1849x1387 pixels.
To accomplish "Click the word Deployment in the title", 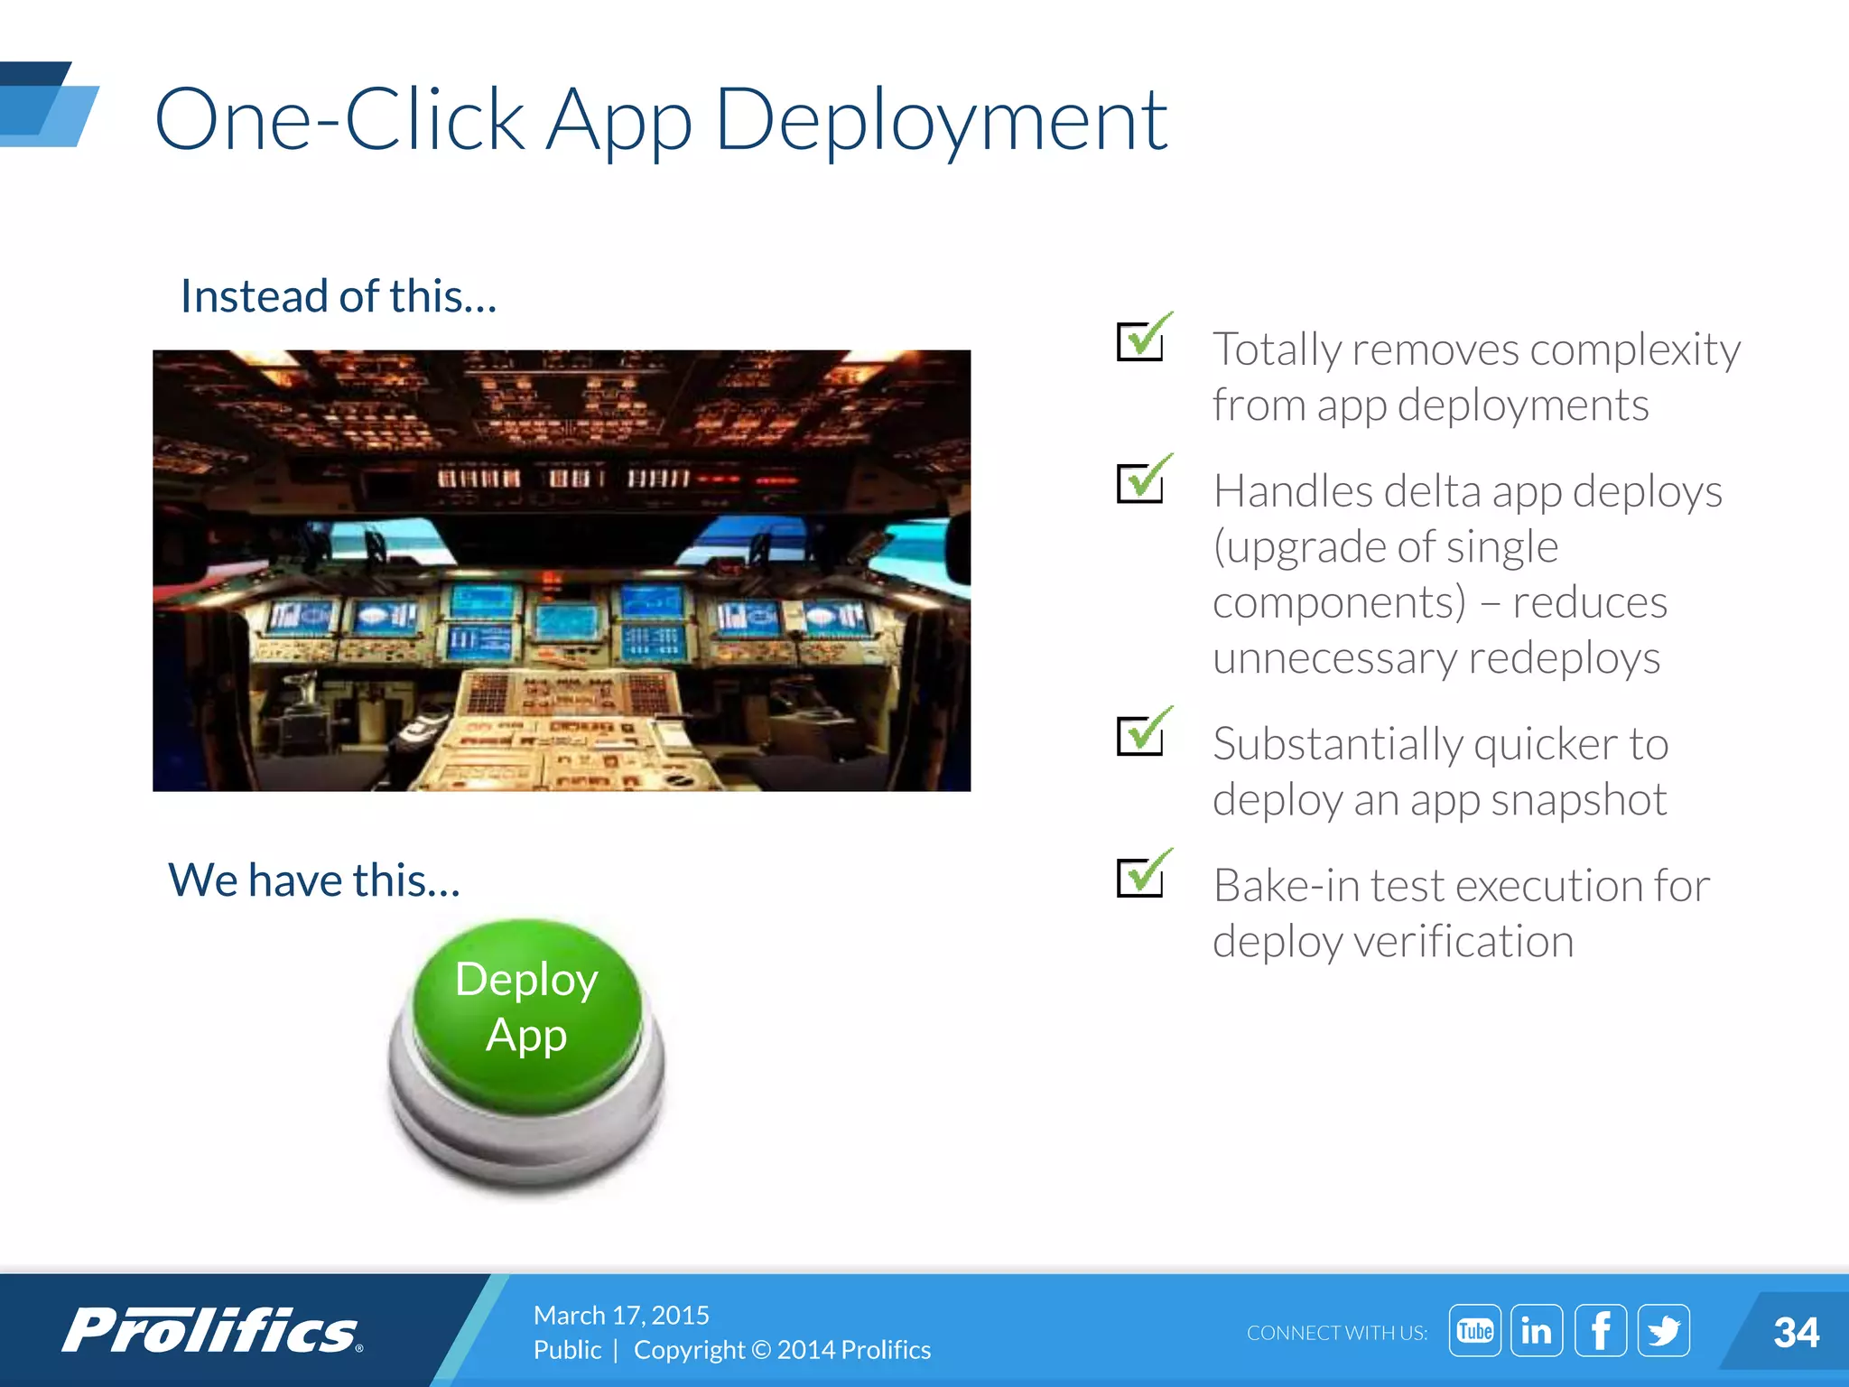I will pos(941,121).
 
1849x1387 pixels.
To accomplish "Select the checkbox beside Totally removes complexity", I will pos(1141,340).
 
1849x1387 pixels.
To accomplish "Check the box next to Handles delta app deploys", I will pos(1141,482).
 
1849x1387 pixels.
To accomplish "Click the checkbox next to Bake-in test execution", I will pos(1141,877).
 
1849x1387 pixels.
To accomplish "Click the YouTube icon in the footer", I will pos(1474,1330).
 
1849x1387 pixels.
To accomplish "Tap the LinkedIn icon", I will pos(1537,1330).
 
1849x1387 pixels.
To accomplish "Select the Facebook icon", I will pos(1600,1330).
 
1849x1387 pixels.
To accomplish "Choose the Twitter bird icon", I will pos(1663,1330).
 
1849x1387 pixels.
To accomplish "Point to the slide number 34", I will pos(1795,1332).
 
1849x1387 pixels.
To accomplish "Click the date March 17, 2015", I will pos(621,1315).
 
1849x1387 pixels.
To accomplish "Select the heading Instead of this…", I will pos(339,296).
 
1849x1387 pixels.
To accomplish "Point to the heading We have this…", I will pos(314,880).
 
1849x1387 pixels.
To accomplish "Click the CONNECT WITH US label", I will pos(1336,1333).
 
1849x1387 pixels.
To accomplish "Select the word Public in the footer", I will pos(567,1349).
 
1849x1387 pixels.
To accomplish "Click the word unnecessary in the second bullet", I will pos(1333,658).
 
